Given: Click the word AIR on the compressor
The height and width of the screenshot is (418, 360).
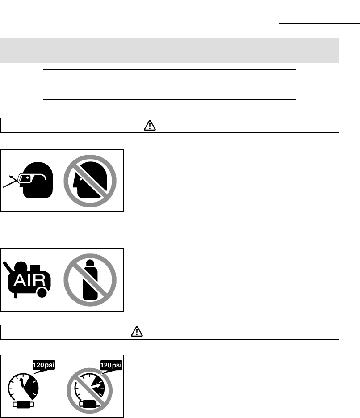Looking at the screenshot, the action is [x=28, y=282].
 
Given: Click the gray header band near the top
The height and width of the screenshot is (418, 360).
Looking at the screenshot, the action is [x=170, y=50].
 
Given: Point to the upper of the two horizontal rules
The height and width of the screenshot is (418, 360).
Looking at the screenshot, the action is [x=170, y=70].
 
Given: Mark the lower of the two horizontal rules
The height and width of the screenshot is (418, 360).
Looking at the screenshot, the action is [x=170, y=99].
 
